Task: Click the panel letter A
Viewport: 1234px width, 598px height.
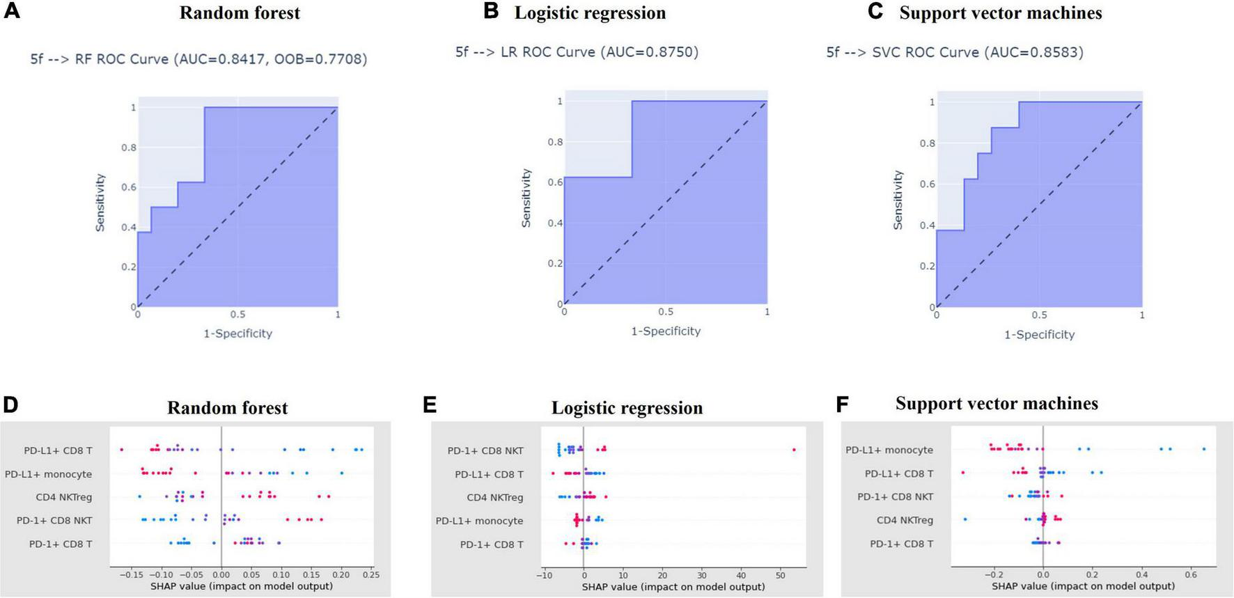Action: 11,12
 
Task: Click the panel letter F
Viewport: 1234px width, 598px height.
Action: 843,404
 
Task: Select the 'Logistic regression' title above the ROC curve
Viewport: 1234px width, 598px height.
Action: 590,13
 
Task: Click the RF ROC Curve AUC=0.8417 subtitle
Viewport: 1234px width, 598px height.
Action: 198,59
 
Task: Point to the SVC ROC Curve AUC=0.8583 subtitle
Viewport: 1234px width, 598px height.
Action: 955,52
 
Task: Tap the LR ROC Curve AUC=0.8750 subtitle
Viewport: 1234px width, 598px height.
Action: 577,52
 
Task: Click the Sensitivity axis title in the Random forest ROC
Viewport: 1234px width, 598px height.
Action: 100,203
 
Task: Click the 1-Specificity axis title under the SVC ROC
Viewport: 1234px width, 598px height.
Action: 1039,335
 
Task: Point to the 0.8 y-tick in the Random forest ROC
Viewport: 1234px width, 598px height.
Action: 129,148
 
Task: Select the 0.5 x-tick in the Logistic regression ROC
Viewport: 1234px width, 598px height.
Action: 666,312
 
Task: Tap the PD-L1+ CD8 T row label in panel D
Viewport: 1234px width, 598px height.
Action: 58,450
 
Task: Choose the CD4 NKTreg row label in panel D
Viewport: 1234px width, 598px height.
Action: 63,497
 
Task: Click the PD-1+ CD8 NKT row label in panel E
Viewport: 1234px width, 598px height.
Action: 485,450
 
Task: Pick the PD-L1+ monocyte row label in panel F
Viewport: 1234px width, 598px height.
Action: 889,450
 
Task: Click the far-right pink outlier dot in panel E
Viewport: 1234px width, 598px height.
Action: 794,450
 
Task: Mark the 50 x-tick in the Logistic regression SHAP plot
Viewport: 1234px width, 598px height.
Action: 780,575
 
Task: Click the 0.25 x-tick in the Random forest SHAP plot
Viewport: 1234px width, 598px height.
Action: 370,575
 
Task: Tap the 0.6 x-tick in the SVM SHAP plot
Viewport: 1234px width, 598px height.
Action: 1191,575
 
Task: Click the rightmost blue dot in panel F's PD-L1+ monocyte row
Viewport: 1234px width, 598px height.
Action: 1204,449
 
